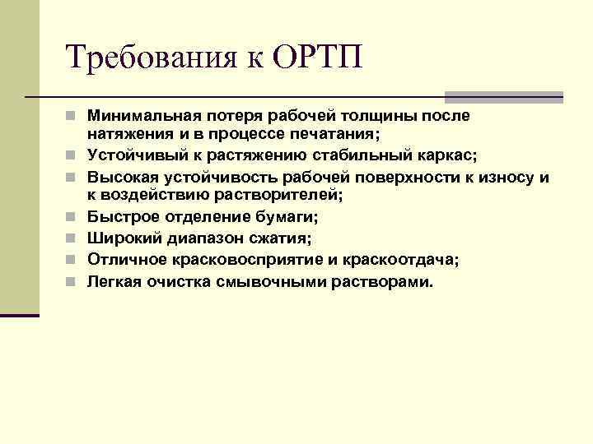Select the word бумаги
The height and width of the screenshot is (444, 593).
click(x=288, y=217)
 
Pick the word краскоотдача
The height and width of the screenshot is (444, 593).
click(x=406, y=260)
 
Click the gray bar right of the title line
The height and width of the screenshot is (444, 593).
click(x=503, y=96)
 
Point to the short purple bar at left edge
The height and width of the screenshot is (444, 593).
click(x=19, y=313)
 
